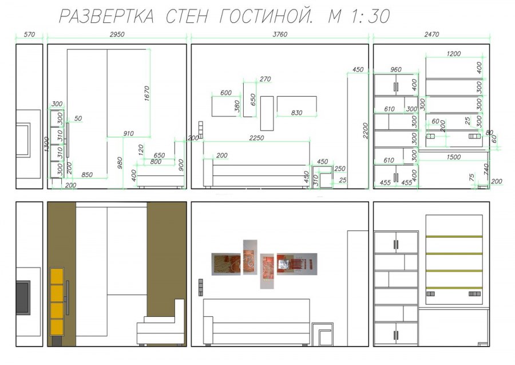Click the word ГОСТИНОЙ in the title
266,17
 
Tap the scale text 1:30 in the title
370,17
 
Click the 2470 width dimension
431,34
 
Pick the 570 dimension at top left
29,34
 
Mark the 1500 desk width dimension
453,157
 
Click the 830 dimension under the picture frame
296,113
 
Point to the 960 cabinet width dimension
395,70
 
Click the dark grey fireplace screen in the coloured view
22,297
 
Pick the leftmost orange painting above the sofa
226,264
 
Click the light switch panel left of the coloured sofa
200,287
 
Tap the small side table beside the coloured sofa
323,335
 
